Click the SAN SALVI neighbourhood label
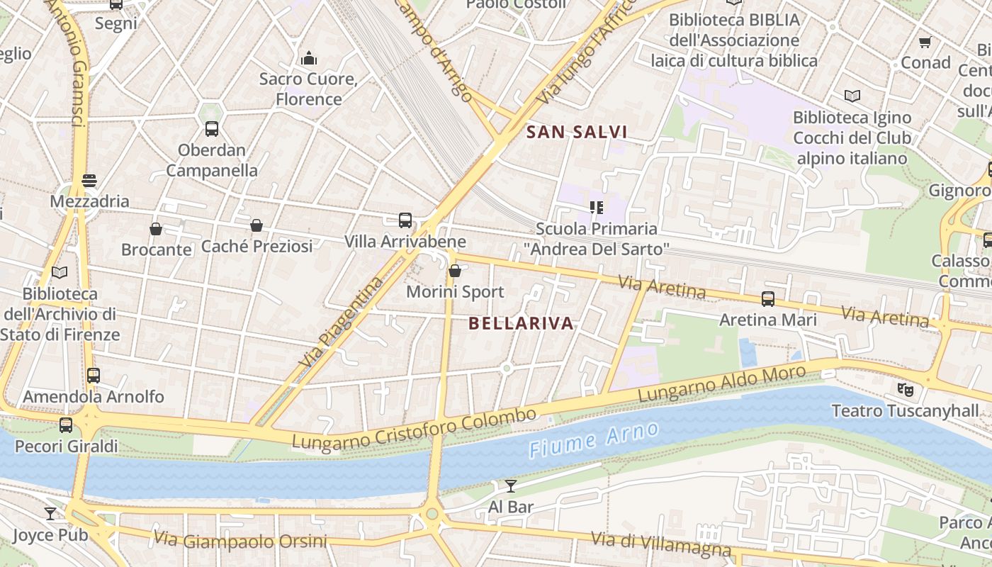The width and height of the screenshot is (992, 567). (x=577, y=132)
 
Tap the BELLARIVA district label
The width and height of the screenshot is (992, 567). (x=521, y=324)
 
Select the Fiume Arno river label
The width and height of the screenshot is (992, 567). (x=594, y=438)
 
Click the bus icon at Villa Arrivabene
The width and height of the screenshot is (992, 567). (x=405, y=220)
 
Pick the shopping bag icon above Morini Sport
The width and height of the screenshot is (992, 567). (x=455, y=271)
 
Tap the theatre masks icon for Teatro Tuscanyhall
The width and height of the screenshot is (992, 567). (x=905, y=389)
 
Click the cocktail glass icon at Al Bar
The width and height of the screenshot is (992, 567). (x=510, y=485)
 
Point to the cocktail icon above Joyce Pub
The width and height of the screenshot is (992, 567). (x=50, y=513)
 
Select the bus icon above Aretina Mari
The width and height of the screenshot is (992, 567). (x=768, y=298)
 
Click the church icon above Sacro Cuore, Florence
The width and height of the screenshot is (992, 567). (x=309, y=58)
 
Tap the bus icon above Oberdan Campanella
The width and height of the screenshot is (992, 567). (x=211, y=129)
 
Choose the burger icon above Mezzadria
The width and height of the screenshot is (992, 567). (x=89, y=180)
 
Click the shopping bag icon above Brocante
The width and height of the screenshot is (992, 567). (x=156, y=228)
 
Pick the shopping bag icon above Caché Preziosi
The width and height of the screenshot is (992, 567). (x=257, y=225)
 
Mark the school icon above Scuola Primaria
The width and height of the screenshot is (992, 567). (x=596, y=208)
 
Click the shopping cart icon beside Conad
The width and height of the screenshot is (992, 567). (x=925, y=43)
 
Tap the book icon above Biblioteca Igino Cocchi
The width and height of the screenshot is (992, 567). (x=852, y=96)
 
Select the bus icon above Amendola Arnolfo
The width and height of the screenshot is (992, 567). (x=94, y=376)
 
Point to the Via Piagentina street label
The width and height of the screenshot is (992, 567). (x=341, y=321)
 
